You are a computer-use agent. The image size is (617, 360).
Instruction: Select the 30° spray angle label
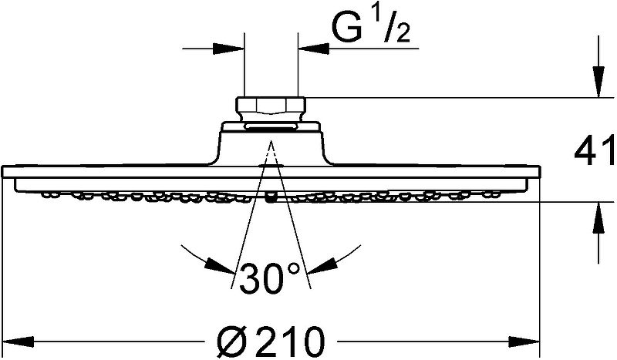[x=269, y=278]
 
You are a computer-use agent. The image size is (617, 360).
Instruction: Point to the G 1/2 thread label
[x=371, y=27]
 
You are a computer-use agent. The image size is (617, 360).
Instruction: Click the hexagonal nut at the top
[x=271, y=106]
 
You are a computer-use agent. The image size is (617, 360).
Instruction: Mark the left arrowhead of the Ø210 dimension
[x=19, y=341]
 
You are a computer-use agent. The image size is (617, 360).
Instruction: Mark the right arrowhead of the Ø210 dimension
[x=524, y=341]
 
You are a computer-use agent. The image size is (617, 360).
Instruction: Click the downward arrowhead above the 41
[x=598, y=82]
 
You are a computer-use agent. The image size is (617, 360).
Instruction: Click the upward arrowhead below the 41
[x=598, y=217]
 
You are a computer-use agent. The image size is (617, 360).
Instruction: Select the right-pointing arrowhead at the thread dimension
[x=228, y=49]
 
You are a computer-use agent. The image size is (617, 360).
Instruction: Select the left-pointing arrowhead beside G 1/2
[x=313, y=49]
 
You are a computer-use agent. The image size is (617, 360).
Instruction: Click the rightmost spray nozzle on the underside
[x=491, y=193]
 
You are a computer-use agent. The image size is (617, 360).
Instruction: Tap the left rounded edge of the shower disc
[x=4, y=173]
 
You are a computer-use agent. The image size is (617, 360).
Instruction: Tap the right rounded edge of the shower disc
[x=538, y=173]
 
